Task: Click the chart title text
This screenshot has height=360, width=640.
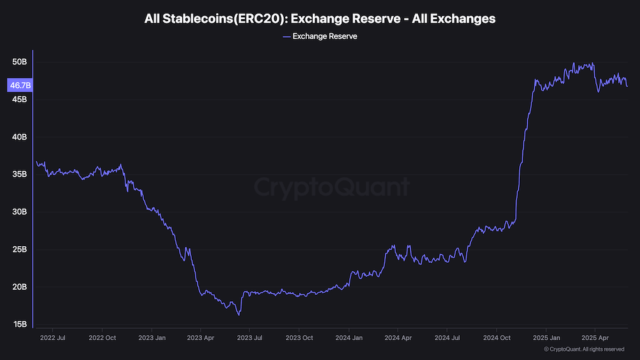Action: (x=320, y=19)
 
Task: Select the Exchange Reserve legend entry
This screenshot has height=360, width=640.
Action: (x=320, y=36)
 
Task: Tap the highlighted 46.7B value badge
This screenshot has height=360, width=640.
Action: (x=20, y=85)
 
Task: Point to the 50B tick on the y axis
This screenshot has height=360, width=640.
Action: (x=19, y=62)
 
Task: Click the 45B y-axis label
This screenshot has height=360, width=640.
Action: (x=19, y=99)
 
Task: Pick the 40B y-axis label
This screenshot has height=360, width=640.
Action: (x=19, y=137)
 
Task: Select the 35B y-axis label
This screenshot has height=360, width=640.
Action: (x=19, y=174)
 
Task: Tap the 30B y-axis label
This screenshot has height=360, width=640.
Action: (x=19, y=212)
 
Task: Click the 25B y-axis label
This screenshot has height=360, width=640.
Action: (x=19, y=249)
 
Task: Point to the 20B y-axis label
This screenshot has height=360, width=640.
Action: (x=19, y=286)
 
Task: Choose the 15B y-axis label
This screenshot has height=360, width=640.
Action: (x=19, y=324)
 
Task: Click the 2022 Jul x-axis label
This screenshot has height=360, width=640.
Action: (x=52, y=338)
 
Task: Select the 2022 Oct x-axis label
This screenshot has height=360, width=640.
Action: (x=102, y=338)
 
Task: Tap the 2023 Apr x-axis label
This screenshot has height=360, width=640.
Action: (x=200, y=338)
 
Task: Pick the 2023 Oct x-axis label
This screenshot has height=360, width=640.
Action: (x=299, y=338)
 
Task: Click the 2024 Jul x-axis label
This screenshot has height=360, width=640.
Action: (x=446, y=338)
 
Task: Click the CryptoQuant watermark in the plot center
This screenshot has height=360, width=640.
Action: (x=331, y=187)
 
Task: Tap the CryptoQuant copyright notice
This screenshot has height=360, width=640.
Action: (x=584, y=349)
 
